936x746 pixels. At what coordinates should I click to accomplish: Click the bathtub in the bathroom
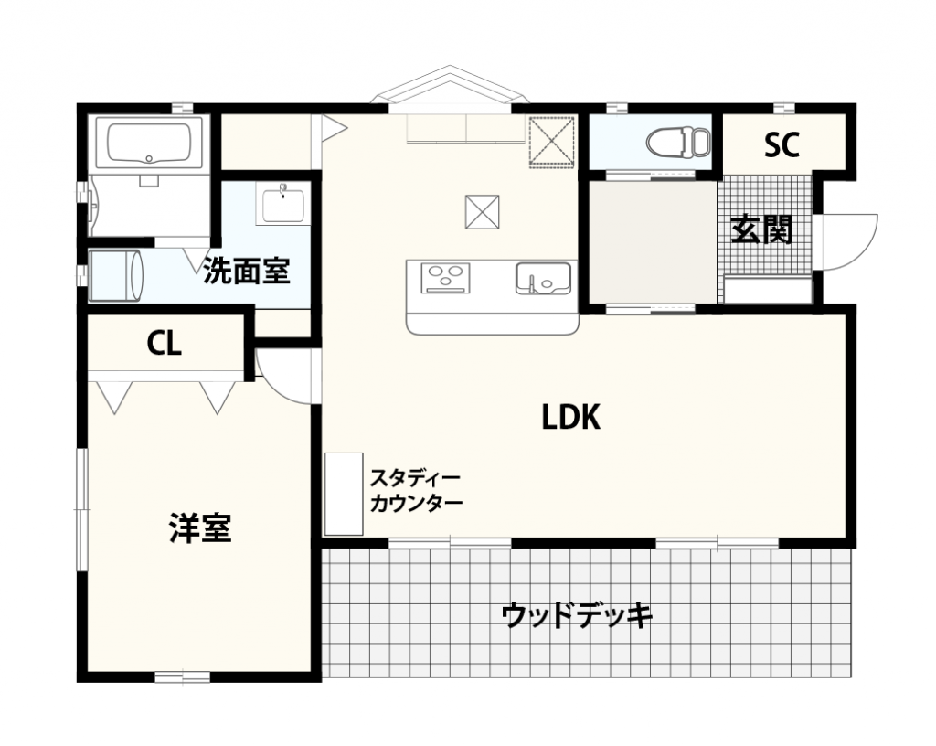tap(149, 144)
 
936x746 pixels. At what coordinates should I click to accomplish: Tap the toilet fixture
tap(678, 142)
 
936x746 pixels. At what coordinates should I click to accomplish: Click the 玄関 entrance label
tap(761, 229)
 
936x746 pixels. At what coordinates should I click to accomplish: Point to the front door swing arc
tap(868, 250)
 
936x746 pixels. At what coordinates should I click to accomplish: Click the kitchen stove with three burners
tap(445, 278)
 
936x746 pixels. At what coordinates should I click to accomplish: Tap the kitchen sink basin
tap(543, 278)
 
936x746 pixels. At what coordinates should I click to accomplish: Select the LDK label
tap(570, 417)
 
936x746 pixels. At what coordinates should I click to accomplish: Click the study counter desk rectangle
tap(344, 495)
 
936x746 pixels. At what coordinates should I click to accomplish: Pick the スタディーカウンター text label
tap(417, 491)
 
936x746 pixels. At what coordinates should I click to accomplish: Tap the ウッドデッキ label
tap(577, 616)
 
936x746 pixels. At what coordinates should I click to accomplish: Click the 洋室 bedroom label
tap(200, 528)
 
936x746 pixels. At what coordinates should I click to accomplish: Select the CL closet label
tap(165, 344)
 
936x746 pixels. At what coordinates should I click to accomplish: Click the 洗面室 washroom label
tap(247, 271)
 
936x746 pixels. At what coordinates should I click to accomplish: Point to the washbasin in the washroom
tap(282, 204)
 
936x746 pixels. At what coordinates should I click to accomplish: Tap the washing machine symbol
tap(116, 276)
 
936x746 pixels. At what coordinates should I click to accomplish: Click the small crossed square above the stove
tap(483, 212)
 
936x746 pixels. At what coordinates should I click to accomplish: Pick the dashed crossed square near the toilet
tap(551, 142)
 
